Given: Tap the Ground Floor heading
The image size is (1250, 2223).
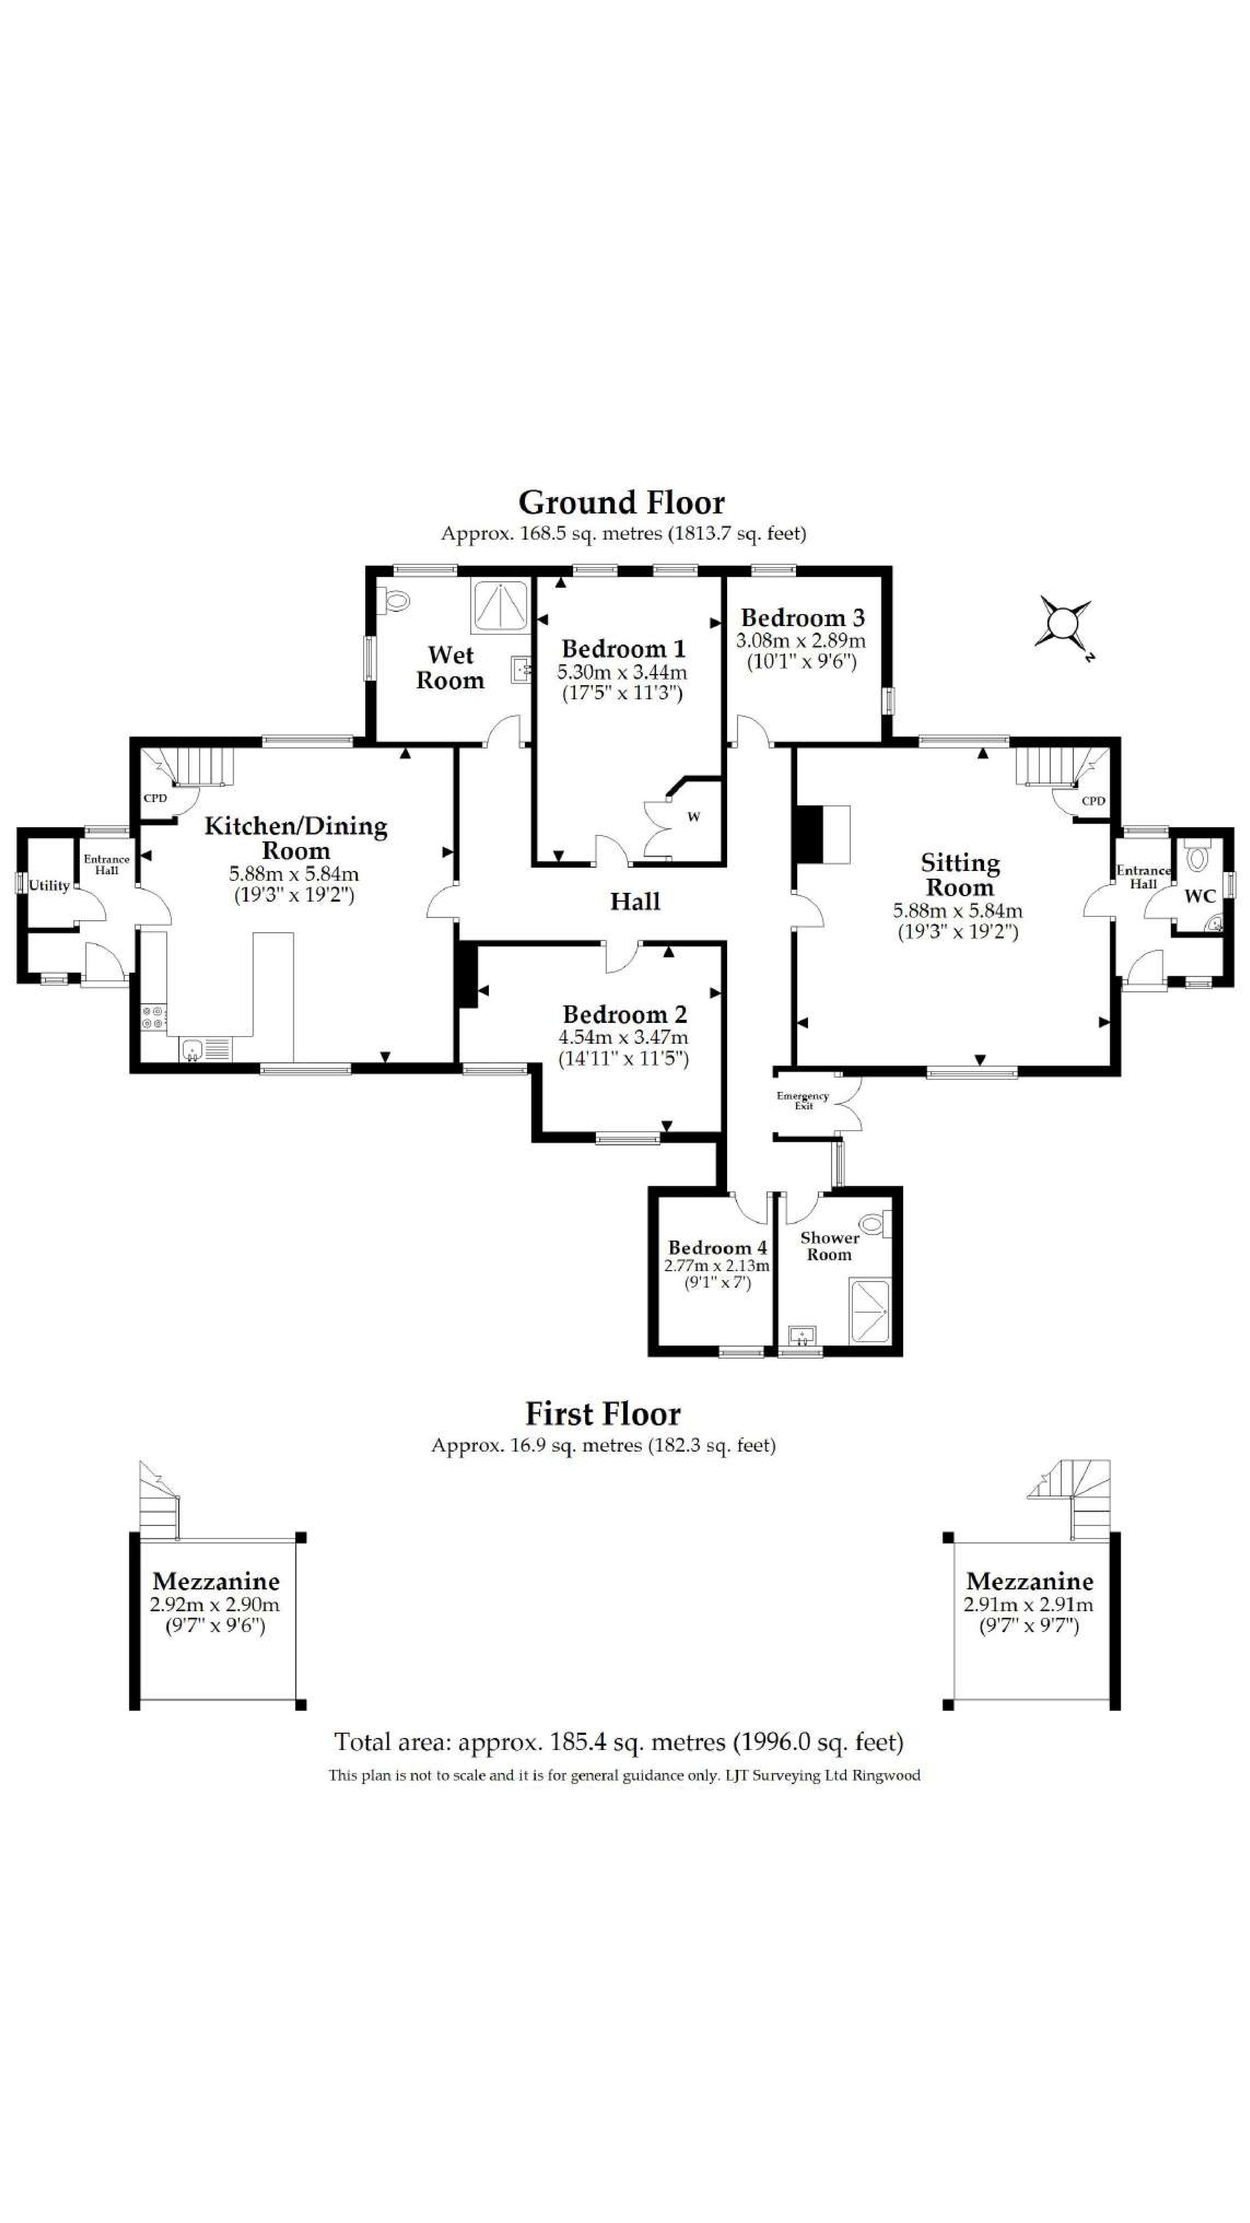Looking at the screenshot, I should [x=621, y=502].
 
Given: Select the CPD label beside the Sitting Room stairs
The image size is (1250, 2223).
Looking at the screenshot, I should [x=1092, y=801].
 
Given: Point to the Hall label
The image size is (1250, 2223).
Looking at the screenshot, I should [x=635, y=902].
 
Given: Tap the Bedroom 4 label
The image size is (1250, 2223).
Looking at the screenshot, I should [x=717, y=1248].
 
